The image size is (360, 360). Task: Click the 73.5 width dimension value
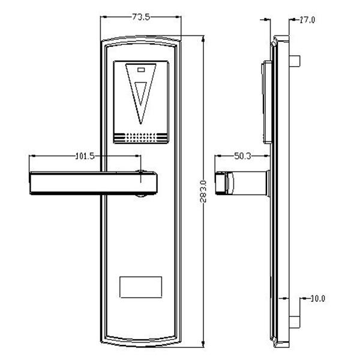[x=141, y=17]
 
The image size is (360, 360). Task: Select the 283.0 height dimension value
[x=203, y=191]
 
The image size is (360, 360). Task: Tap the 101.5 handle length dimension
[x=85, y=157]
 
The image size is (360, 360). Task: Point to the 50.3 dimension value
[x=242, y=157]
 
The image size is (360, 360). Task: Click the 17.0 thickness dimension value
[x=307, y=20]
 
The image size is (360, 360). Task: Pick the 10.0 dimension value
[x=318, y=299]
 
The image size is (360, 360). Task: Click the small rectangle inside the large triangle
[x=141, y=70]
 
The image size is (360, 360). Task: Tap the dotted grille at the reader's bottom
[x=141, y=137]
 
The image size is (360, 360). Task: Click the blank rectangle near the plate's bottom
[x=141, y=287]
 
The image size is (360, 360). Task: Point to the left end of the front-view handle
[x=31, y=183]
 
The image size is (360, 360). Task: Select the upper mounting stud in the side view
[x=295, y=61]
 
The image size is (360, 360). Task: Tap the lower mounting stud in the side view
[x=295, y=322]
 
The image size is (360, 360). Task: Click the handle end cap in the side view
[x=221, y=183]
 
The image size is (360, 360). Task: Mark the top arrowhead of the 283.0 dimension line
[x=203, y=40]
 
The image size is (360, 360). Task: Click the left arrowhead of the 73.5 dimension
[x=104, y=17]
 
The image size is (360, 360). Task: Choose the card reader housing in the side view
[x=267, y=102]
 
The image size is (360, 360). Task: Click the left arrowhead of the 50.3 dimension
[x=218, y=156]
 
